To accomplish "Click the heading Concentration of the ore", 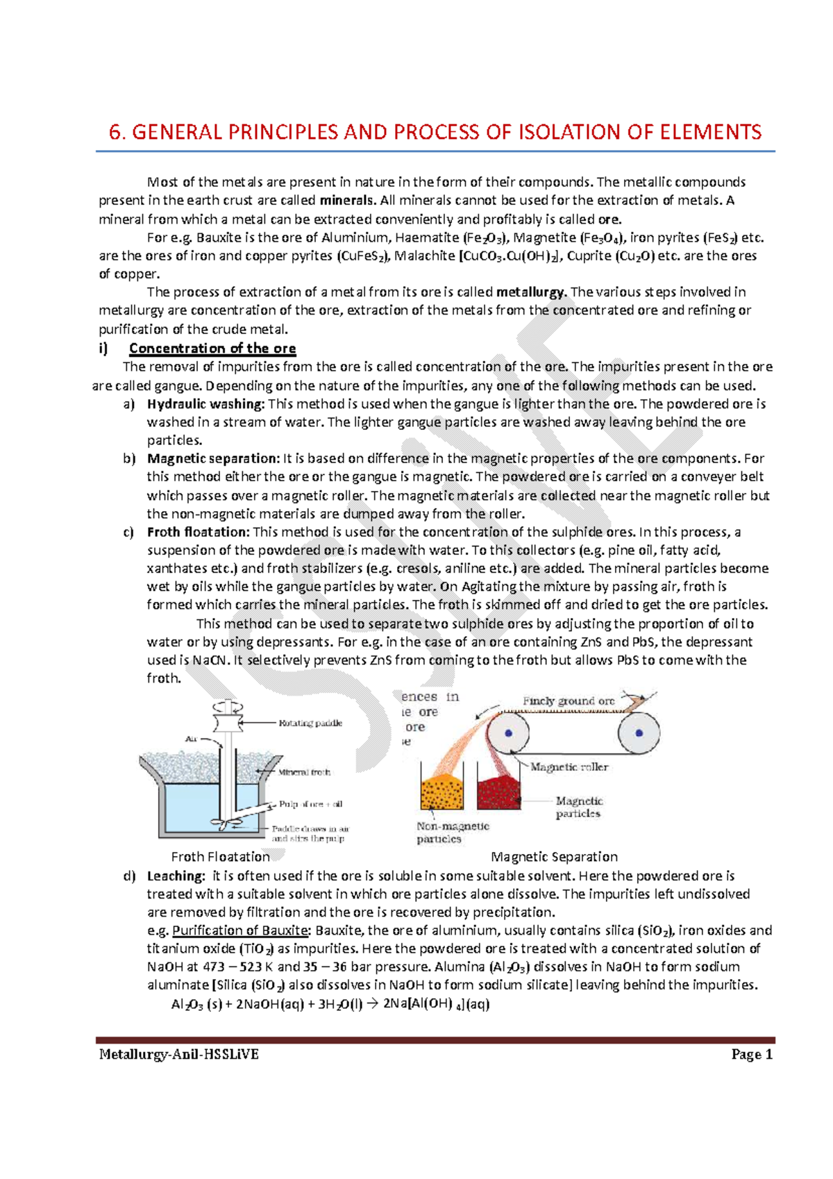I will [212, 349].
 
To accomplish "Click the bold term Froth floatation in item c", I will [198, 533].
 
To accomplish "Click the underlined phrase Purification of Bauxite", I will [239, 930].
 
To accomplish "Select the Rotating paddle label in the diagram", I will [310, 723].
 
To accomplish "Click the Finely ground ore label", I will [569, 701].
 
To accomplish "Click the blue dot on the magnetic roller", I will [509, 733].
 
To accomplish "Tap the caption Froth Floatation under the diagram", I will [220, 857].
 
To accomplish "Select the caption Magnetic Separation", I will [554, 857].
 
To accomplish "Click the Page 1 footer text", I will [752, 1055].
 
